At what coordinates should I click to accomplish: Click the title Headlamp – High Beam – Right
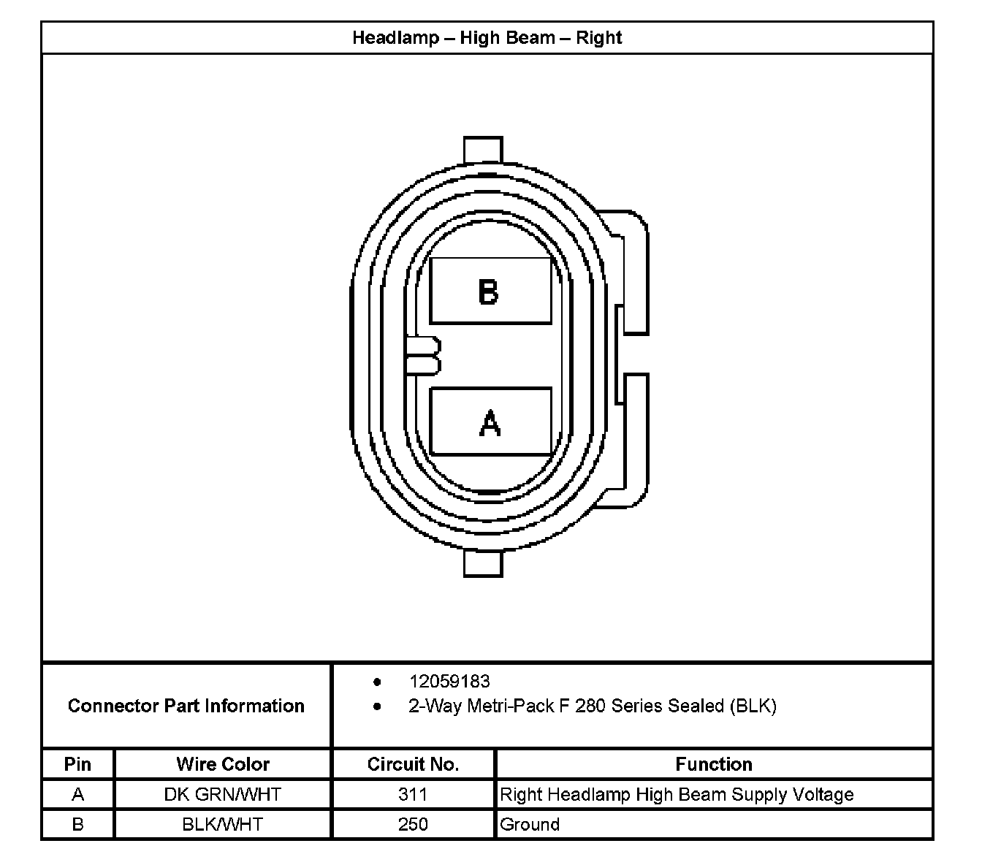pyautogui.click(x=487, y=37)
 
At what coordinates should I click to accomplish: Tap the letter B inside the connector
pyautogui.click(x=489, y=291)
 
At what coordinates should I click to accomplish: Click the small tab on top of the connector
pyautogui.click(x=483, y=149)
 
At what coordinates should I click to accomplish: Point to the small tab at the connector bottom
pyautogui.click(x=483, y=563)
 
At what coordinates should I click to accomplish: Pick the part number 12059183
pyautogui.click(x=449, y=682)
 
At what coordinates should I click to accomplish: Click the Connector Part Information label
pyautogui.click(x=186, y=706)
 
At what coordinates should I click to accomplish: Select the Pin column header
pyautogui.click(x=77, y=764)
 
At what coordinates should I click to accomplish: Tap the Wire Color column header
pyautogui.click(x=223, y=764)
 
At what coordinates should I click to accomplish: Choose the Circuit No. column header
pyautogui.click(x=413, y=764)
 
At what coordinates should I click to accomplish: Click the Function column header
pyautogui.click(x=713, y=764)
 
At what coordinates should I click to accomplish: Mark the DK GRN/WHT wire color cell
pyautogui.click(x=223, y=794)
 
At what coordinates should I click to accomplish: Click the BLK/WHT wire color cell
pyautogui.click(x=223, y=824)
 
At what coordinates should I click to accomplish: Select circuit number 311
pyautogui.click(x=413, y=794)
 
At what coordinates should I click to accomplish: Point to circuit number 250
pyautogui.click(x=413, y=824)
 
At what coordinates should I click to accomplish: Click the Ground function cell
pyautogui.click(x=530, y=824)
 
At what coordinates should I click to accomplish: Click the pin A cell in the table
pyautogui.click(x=77, y=794)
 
